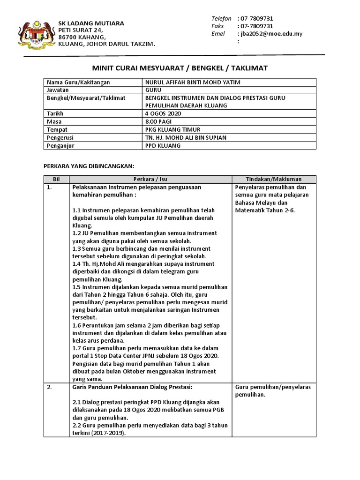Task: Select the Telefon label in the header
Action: (221, 18)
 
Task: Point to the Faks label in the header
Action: (217, 26)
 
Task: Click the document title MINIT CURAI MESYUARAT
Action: (180, 68)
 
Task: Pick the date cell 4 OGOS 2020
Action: (162, 113)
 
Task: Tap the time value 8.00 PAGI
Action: (159, 121)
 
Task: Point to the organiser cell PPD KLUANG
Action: (162, 146)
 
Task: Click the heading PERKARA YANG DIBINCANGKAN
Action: (89, 166)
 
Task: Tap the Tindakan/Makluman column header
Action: (274, 179)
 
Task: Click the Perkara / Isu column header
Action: (150, 179)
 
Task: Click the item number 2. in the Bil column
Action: (49, 387)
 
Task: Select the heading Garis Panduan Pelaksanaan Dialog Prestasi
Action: (133, 387)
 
